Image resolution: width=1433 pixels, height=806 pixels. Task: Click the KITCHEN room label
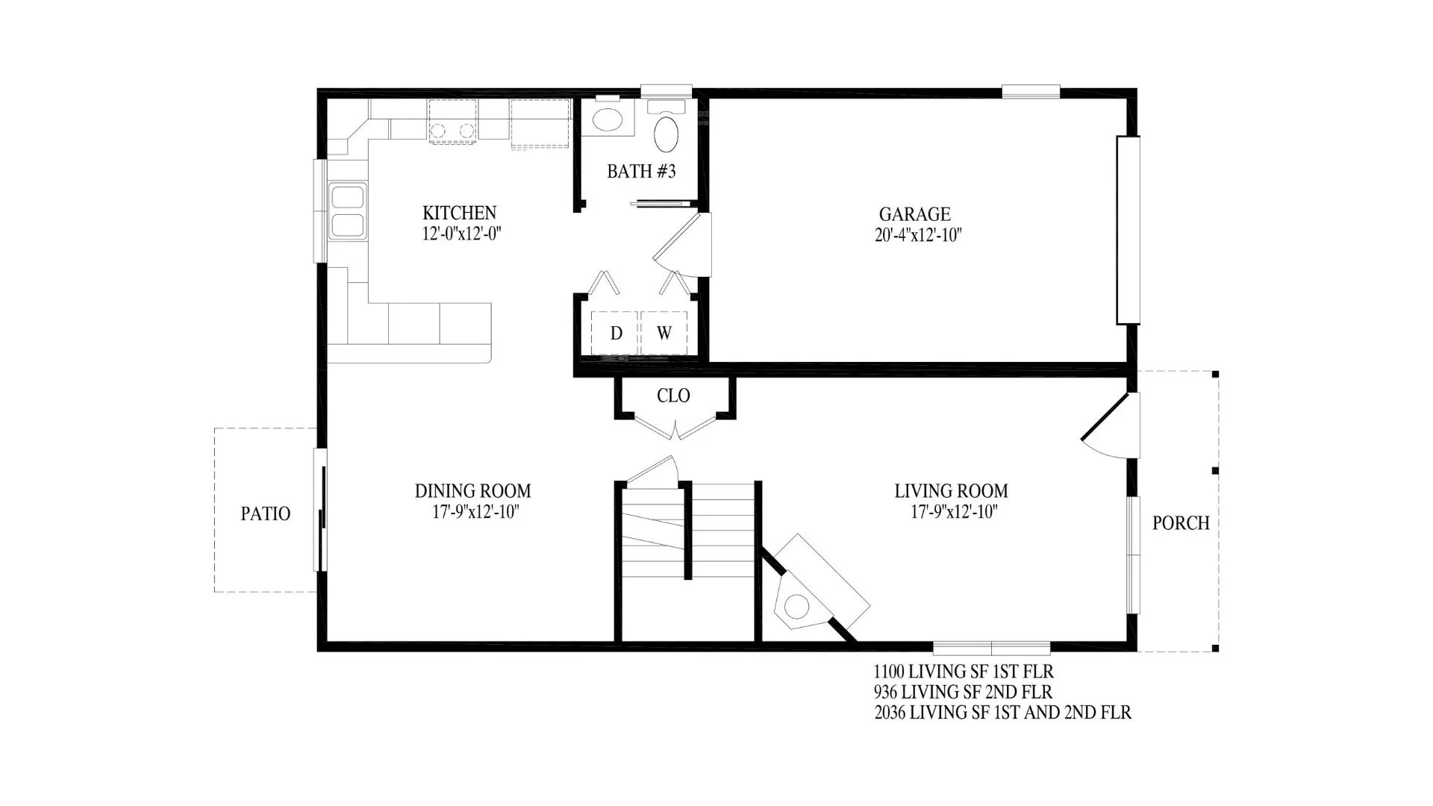(x=459, y=213)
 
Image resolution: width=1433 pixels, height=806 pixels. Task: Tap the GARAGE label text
(x=914, y=215)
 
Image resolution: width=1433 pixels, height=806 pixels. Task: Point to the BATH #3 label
(x=641, y=171)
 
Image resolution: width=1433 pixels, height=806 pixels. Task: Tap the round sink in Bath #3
(x=608, y=119)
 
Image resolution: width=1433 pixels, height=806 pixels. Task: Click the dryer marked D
(x=616, y=334)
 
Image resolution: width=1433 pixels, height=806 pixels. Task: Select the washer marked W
(x=664, y=334)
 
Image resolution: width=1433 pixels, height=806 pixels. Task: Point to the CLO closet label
(x=673, y=396)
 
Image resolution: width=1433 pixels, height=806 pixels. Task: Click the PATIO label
(x=266, y=513)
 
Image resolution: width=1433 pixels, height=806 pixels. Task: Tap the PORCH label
(x=1181, y=523)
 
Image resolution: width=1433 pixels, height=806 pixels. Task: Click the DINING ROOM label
(x=473, y=491)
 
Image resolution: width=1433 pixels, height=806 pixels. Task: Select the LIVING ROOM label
(x=951, y=491)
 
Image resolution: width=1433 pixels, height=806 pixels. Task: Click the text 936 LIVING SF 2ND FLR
(x=963, y=692)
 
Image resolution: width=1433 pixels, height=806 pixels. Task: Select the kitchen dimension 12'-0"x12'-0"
(x=460, y=234)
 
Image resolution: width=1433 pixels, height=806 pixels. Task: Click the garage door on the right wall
(x=1128, y=230)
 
